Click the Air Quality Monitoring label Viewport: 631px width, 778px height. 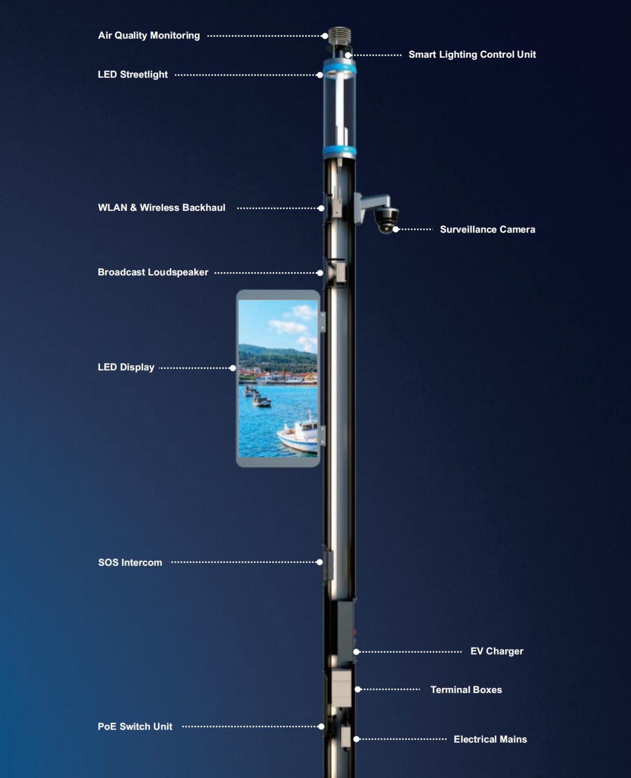(149, 35)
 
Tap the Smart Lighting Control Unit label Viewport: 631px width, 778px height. (472, 54)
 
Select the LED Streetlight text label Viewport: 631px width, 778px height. (133, 75)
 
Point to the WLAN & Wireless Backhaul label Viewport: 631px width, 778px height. (162, 207)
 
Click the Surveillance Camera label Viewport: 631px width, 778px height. (487, 229)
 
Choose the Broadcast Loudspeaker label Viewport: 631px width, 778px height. (153, 272)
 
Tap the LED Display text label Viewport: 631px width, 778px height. (126, 367)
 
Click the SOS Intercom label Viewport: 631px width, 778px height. (130, 562)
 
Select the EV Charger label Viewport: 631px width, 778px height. (497, 651)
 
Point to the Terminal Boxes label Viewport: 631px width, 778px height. (466, 689)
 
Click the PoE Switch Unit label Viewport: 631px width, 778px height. (135, 726)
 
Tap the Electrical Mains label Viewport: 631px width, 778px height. (490, 739)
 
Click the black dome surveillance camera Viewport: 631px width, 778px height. (386, 220)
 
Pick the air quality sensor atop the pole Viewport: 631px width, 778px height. (340, 36)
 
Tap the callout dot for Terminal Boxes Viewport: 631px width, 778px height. (358, 689)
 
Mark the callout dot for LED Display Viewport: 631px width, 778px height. (233, 368)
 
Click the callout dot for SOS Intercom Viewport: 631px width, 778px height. (319, 562)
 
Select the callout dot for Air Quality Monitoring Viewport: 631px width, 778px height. (325, 36)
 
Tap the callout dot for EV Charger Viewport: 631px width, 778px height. (356, 652)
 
